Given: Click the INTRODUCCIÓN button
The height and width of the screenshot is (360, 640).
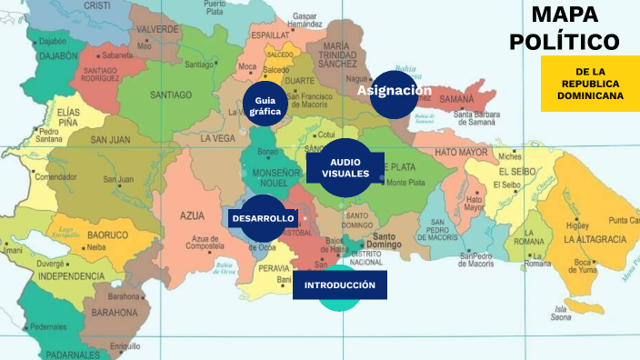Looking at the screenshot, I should pos(339,285).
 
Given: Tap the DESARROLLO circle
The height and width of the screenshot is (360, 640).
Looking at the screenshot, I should pos(263,219).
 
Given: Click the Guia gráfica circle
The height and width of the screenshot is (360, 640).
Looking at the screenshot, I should pos(265,105).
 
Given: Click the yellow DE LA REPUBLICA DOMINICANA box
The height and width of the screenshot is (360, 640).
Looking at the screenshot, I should pos(590,84).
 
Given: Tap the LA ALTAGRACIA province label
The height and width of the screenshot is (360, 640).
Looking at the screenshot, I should pos(595,239).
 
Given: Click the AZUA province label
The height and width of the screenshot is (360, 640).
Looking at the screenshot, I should pos(193,215).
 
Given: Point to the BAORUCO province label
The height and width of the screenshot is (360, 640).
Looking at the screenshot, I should pos(107,235).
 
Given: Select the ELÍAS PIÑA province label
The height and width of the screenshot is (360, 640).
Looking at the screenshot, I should pos(69,117).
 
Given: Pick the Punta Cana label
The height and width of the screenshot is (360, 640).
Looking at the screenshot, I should pos(623,220).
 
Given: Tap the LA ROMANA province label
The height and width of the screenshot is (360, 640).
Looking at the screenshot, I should pos(529,241).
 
